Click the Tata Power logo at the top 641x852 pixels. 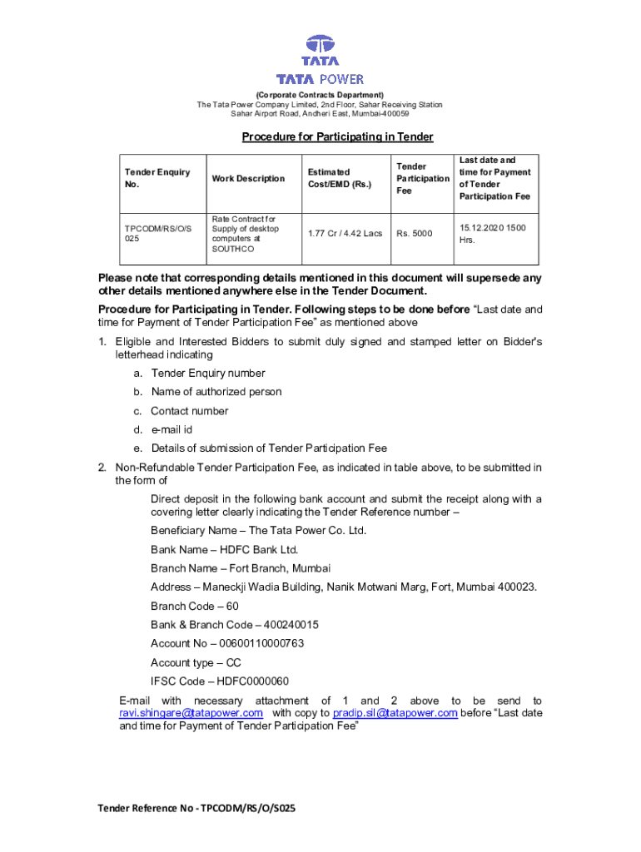[320, 60]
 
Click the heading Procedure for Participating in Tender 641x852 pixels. [337, 136]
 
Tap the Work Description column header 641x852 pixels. [248, 178]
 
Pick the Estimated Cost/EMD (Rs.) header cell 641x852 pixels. [339, 178]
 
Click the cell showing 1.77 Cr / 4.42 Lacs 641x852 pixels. [345, 234]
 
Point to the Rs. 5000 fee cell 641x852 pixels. [415, 234]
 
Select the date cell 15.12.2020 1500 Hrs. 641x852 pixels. [493, 234]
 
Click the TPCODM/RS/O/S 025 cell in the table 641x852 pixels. [157, 234]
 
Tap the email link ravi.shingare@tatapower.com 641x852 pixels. [191, 713]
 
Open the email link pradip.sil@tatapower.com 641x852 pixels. [395, 713]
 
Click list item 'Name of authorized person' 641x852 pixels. [216, 392]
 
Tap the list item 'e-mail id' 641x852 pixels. [171, 430]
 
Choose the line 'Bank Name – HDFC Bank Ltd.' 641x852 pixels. [224, 550]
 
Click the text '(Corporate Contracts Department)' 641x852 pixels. [320, 96]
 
